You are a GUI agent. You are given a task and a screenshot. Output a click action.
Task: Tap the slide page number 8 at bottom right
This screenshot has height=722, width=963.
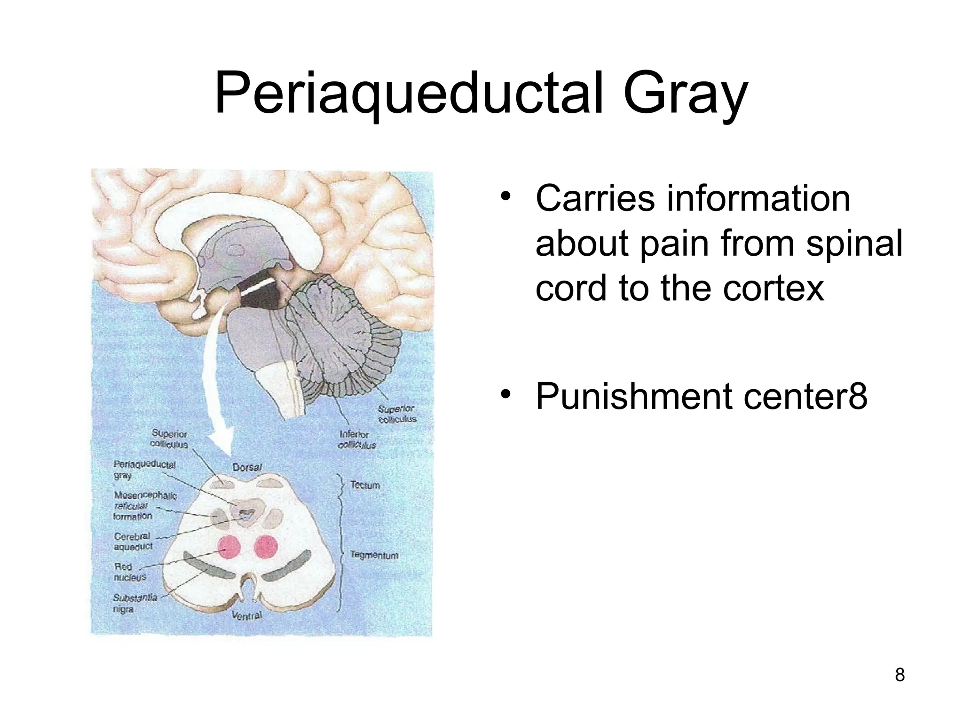click(900, 675)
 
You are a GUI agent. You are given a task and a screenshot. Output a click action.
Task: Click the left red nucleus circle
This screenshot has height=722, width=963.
click(229, 547)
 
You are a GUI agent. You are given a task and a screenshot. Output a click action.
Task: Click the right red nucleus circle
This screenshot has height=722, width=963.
click(266, 547)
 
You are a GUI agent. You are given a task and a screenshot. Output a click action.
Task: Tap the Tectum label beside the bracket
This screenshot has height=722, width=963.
click(365, 485)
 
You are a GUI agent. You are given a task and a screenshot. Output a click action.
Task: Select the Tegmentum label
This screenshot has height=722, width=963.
click(374, 555)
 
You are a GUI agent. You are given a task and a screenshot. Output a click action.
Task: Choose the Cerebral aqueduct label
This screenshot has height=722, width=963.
click(133, 541)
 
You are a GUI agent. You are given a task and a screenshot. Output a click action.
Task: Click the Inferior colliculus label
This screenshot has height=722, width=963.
click(357, 439)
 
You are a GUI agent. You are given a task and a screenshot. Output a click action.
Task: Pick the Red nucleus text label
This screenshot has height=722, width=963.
click(129, 572)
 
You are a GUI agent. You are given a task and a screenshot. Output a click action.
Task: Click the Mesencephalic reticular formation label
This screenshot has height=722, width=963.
click(145, 505)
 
